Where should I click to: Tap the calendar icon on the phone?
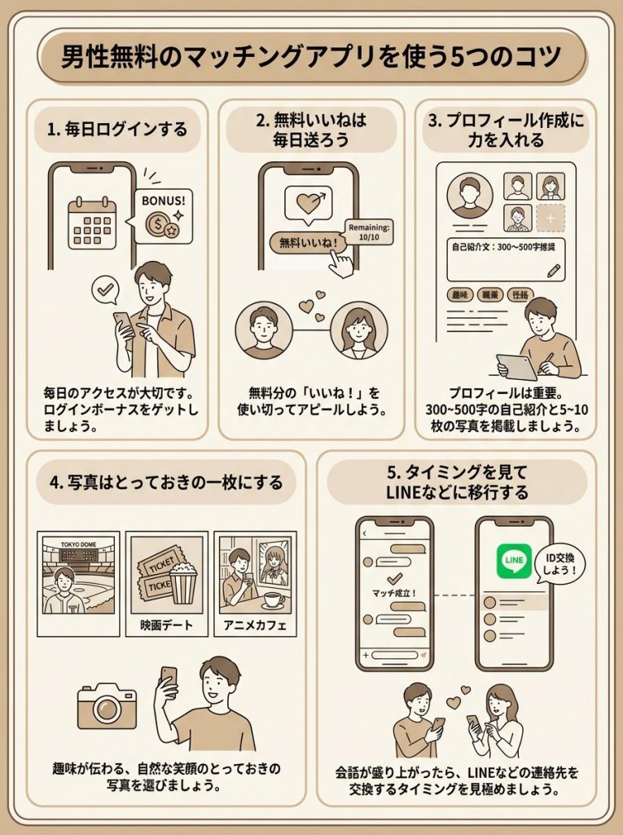pos(90,220)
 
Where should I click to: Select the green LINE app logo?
pos(514,561)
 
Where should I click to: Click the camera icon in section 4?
pos(107,706)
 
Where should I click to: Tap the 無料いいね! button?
pos(301,242)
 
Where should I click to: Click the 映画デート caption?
pos(166,626)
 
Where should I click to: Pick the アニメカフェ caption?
pos(254,626)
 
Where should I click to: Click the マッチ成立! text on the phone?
pos(394,591)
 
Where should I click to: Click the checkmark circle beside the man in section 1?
pos(104,289)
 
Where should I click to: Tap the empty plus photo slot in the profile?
pos(551,218)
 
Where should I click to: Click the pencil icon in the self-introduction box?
pos(553,269)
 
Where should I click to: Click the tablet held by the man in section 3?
pos(516,366)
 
